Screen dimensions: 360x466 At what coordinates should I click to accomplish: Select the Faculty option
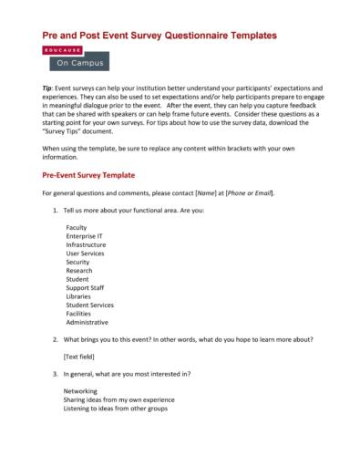pyautogui.click(x=77, y=226)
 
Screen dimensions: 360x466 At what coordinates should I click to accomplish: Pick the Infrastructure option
pyautogui.click(x=86, y=244)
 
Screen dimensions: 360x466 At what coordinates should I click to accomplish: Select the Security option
pyautogui.click(x=78, y=262)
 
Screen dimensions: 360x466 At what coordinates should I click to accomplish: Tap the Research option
pyautogui.click(x=79, y=270)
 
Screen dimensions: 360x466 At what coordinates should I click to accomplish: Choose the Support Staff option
pyautogui.click(x=85, y=287)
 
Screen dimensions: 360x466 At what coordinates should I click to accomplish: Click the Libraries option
pyautogui.click(x=78, y=296)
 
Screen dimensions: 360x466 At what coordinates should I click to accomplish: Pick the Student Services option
pyautogui.click(x=89, y=305)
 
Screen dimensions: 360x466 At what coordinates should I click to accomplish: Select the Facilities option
pyautogui.click(x=79, y=313)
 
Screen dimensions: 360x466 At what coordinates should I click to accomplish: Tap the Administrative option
pyautogui.click(x=87, y=322)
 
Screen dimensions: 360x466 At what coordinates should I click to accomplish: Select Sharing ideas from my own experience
pyautogui.click(x=118, y=399)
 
